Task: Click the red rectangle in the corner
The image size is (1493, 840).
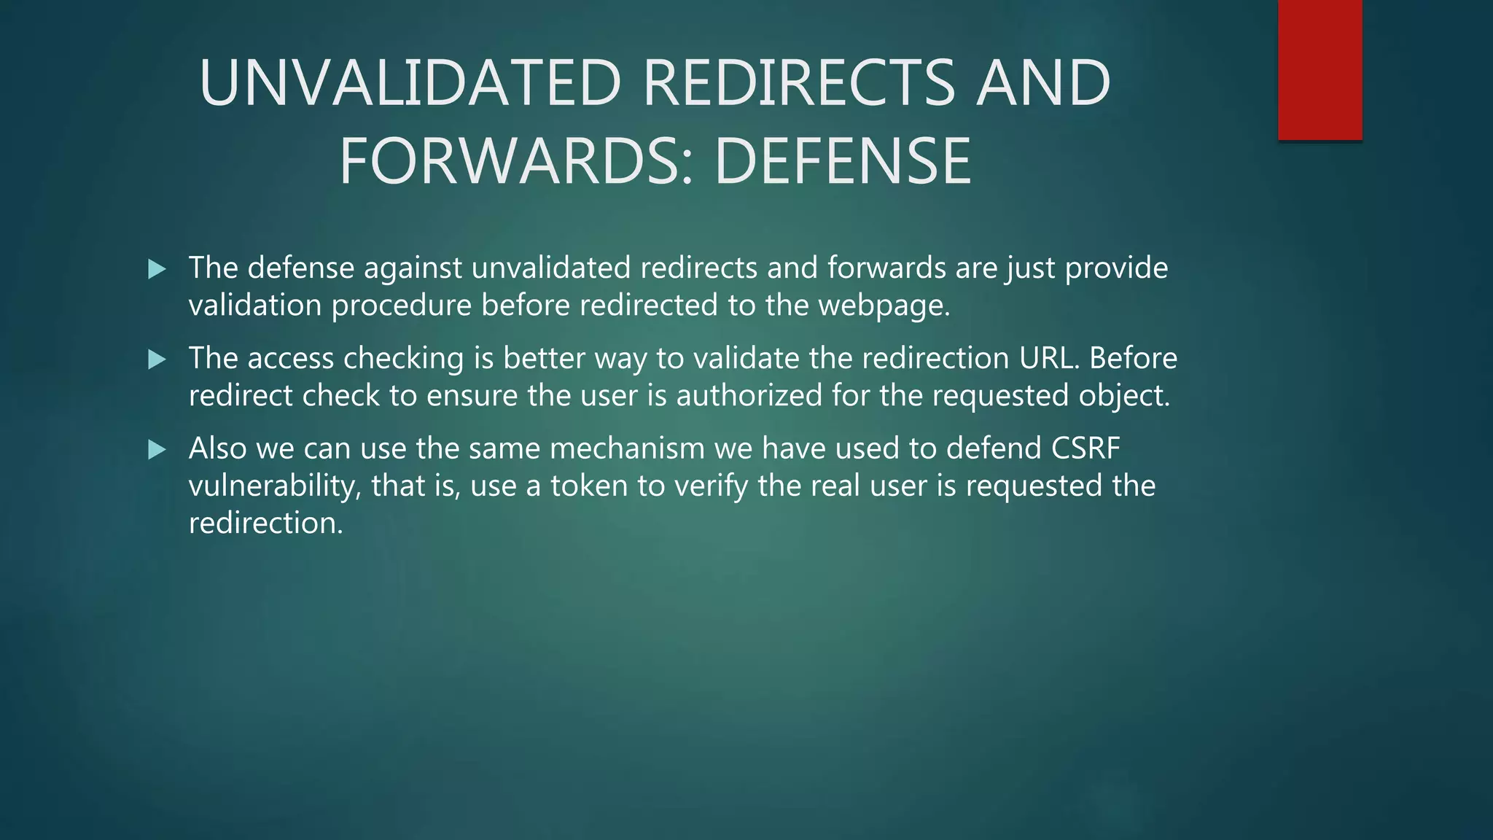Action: [x=1319, y=69]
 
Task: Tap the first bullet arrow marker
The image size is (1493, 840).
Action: [x=157, y=269]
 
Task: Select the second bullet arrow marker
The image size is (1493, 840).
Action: [x=157, y=359]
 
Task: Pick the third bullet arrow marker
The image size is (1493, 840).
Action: [x=157, y=449]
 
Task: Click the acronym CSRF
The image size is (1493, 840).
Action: [x=1085, y=448]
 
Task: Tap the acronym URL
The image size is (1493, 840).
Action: [x=1049, y=358]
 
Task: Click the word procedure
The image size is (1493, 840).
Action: [x=401, y=306]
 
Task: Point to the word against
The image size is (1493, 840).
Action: [x=413, y=268]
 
